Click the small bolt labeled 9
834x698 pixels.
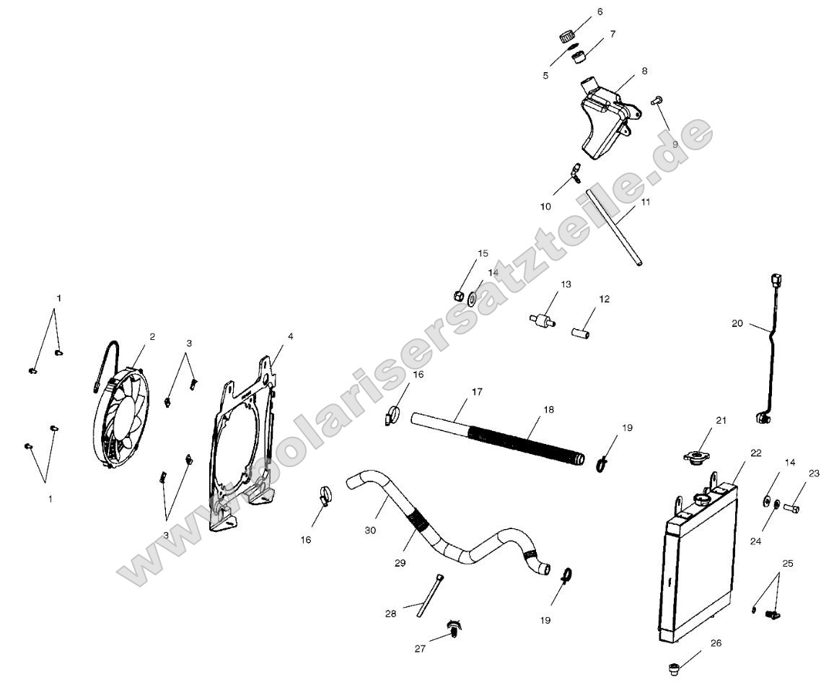[657, 100]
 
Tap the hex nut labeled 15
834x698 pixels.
[457, 295]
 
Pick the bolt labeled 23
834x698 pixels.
[791, 508]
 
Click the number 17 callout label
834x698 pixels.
[477, 392]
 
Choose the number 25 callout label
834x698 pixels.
[787, 562]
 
